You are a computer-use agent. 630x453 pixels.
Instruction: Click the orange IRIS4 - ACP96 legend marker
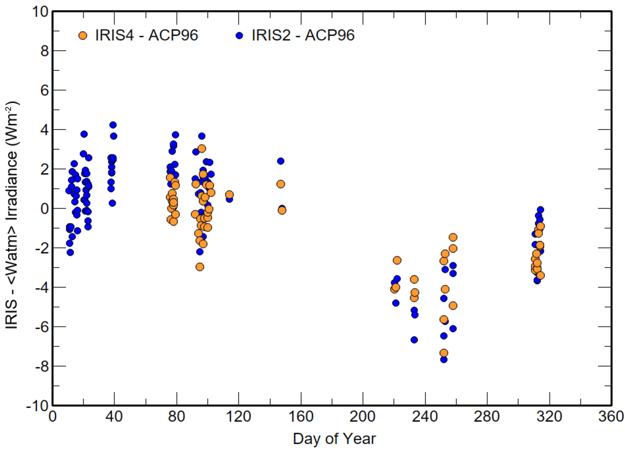[x=83, y=36]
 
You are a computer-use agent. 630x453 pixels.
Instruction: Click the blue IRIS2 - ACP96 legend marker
[x=239, y=36]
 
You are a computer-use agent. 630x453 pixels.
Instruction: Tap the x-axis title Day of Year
[x=334, y=439]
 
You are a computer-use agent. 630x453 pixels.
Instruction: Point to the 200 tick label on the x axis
[x=362, y=416]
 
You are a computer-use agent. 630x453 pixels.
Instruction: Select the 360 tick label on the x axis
[x=611, y=416]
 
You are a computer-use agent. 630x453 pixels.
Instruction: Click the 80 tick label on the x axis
[x=176, y=416]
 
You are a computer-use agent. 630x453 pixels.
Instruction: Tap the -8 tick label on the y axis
[x=42, y=366]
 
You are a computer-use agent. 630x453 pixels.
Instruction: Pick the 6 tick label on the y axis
[x=45, y=90]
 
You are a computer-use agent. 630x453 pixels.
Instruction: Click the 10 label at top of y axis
[x=40, y=12]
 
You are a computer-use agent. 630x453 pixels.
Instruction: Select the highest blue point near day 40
[x=113, y=125]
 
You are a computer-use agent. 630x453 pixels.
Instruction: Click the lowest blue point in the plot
[x=444, y=359]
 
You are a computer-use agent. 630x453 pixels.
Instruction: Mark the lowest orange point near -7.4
[x=444, y=353]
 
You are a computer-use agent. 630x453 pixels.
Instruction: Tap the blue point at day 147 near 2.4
[x=281, y=161]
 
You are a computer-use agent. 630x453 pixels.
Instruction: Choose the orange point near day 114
[x=230, y=195]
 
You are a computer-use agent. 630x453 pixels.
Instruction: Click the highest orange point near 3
[x=201, y=149]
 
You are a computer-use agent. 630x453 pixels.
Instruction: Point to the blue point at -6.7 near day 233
[x=414, y=340]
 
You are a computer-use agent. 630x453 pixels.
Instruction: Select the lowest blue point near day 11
[x=70, y=252]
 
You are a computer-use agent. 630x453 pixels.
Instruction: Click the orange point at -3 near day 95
[x=200, y=267]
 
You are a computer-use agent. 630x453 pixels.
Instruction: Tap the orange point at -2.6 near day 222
[x=397, y=260]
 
